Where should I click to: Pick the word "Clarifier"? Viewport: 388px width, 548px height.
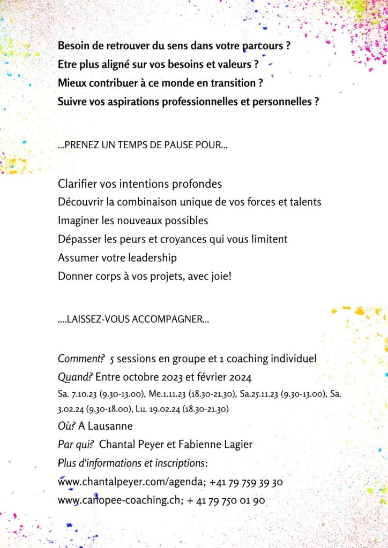coord(77,184)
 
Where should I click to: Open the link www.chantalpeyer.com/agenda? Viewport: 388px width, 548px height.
coord(129,482)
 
